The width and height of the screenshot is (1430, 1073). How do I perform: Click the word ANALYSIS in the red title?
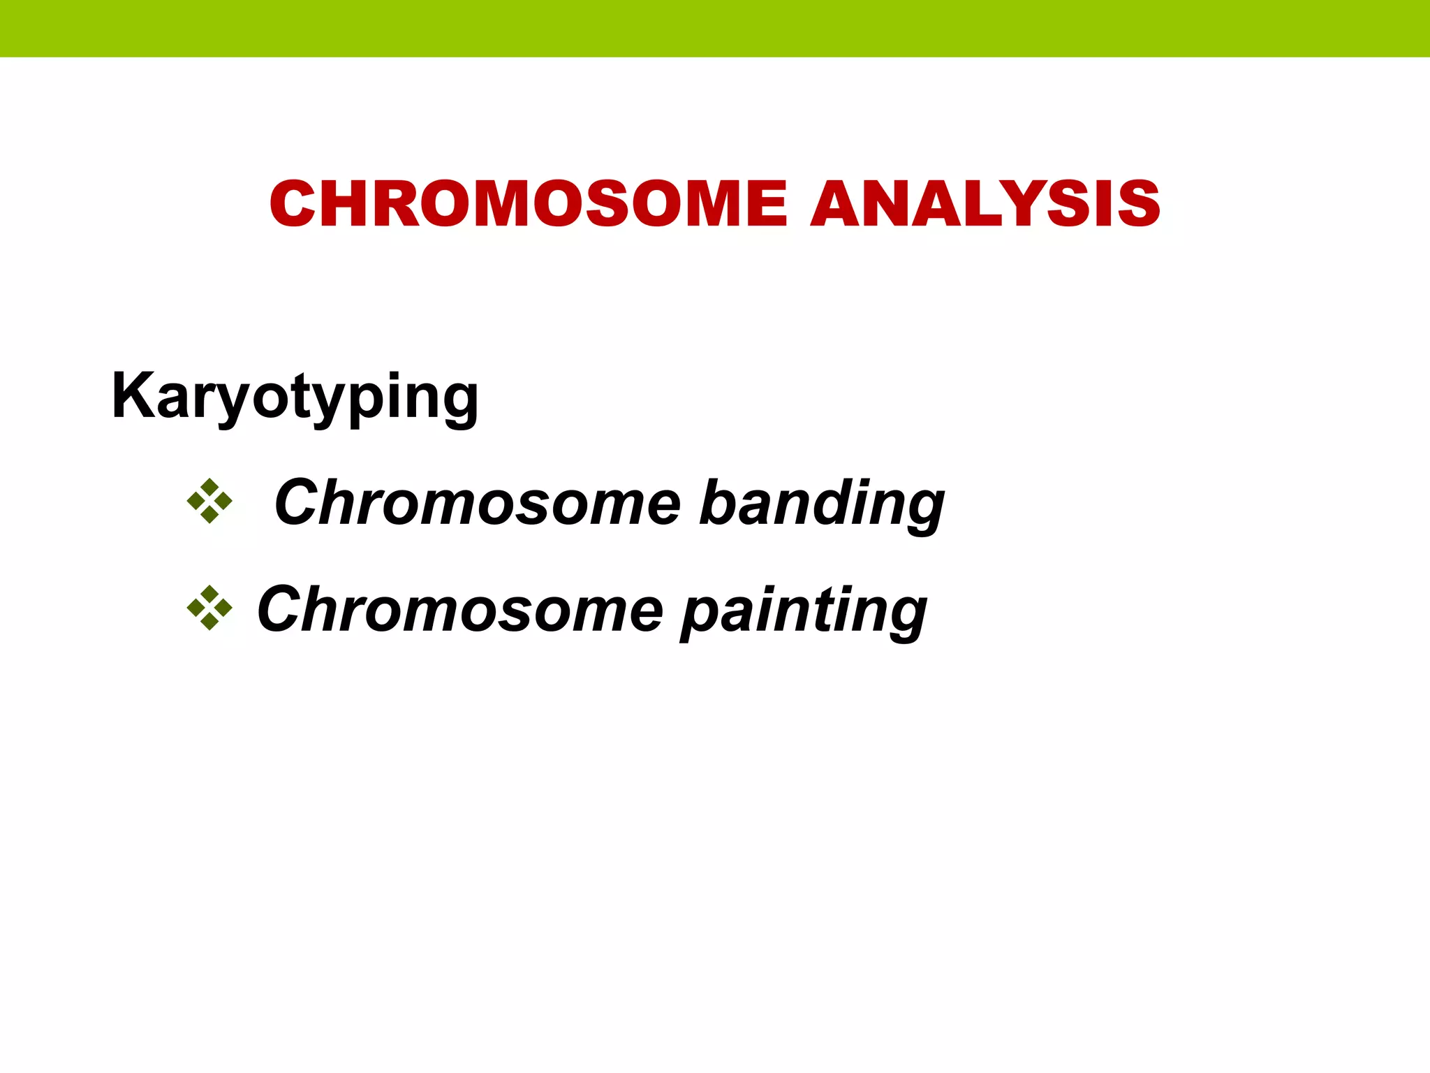(985, 204)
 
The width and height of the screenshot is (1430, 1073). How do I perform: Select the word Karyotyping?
(295, 397)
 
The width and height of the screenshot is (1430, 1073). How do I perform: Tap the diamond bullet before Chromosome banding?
(209, 501)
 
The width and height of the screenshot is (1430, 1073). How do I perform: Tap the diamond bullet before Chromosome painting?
(209, 608)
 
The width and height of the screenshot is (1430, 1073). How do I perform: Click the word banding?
(822, 504)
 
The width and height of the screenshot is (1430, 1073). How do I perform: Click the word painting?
(804, 611)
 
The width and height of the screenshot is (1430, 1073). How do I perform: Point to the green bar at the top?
(715, 28)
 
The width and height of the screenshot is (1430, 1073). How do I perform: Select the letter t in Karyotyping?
(311, 395)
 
